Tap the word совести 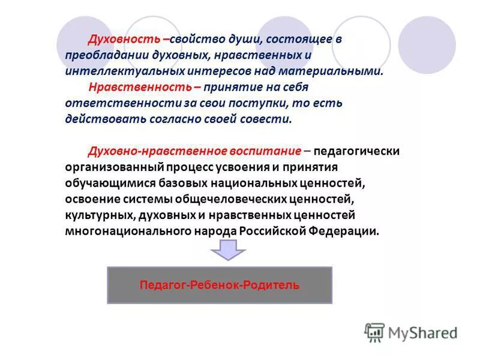pos(268,119)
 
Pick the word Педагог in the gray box pos(162,285)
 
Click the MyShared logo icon pos(374,332)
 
